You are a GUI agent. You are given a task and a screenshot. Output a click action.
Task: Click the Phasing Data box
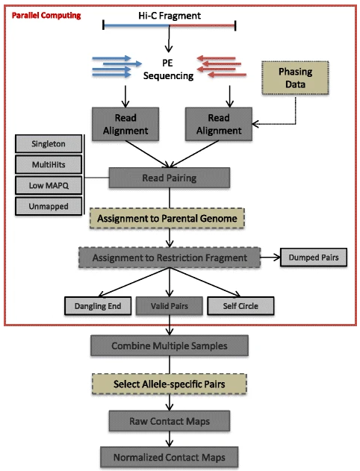295,78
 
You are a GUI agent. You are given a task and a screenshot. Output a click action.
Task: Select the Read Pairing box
170,178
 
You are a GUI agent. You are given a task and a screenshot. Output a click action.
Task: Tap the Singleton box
49,144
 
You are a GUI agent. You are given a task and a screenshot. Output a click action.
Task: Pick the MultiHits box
49,165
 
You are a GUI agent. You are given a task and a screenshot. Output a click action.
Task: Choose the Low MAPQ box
49,185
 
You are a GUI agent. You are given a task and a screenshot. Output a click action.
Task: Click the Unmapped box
49,206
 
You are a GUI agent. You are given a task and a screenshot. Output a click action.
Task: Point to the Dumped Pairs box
314,258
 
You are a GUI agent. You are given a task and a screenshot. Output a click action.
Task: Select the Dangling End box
98,306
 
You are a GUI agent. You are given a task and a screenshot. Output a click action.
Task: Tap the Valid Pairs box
170,306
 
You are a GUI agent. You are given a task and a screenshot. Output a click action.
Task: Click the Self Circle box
240,306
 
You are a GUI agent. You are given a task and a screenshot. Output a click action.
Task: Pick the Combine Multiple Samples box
170,346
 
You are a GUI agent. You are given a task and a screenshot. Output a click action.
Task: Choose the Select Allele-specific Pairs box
170,384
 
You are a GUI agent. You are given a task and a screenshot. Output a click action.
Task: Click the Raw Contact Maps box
170,421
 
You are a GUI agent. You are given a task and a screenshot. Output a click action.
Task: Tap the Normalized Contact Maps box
170,457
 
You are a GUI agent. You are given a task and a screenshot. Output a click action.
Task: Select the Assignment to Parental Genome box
167,219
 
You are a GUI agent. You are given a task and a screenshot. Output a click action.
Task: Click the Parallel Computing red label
46,16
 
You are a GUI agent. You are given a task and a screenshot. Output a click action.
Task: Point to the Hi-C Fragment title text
170,16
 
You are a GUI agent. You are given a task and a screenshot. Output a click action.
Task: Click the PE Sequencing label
168,69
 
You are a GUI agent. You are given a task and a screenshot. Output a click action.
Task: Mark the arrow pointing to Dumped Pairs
270,258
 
